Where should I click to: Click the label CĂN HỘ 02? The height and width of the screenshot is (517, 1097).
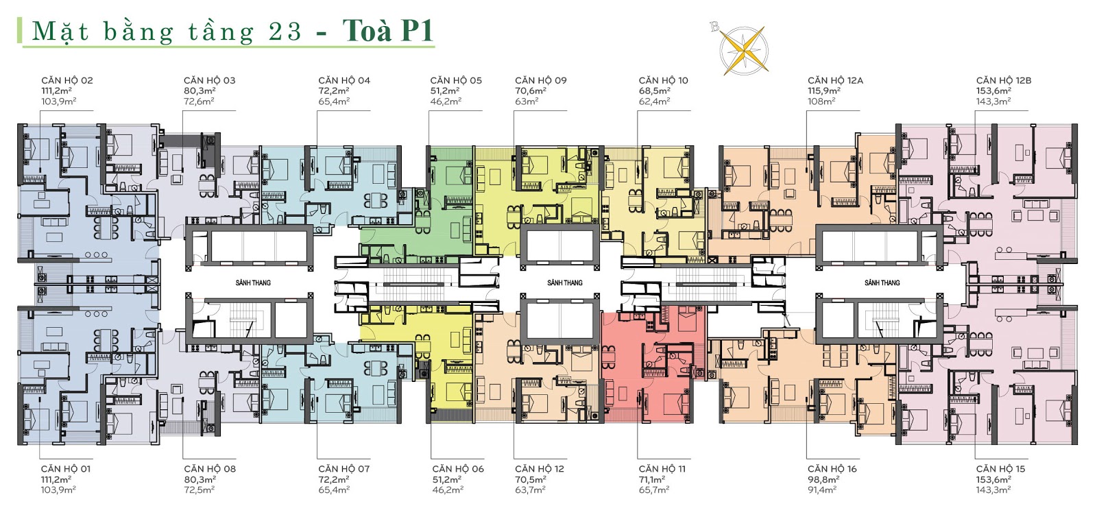click(67, 80)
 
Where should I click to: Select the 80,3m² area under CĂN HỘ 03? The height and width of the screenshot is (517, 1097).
click(200, 91)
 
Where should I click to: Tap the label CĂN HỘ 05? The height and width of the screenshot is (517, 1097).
click(456, 80)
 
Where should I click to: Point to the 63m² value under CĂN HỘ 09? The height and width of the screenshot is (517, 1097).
click(527, 101)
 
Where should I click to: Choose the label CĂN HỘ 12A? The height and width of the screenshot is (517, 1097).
click(836, 80)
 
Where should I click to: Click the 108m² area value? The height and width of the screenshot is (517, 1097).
click(821, 101)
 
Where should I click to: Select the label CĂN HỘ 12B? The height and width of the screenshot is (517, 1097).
click(1004, 80)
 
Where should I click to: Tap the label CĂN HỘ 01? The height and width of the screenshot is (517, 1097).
click(66, 469)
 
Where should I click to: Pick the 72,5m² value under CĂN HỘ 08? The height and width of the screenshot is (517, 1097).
click(200, 490)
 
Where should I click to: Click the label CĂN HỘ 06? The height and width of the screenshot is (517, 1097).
click(458, 469)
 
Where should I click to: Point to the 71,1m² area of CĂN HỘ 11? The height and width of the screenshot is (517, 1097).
click(652, 479)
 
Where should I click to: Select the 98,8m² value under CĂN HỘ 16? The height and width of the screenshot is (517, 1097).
click(823, 479)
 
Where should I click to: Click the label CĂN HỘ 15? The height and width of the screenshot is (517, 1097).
click(1000, 469)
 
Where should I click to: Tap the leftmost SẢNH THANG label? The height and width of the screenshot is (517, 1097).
click(253, 282)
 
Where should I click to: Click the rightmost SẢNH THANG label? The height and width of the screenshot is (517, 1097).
click(882, 282)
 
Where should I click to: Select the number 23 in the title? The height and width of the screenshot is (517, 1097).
click(285, 32)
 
